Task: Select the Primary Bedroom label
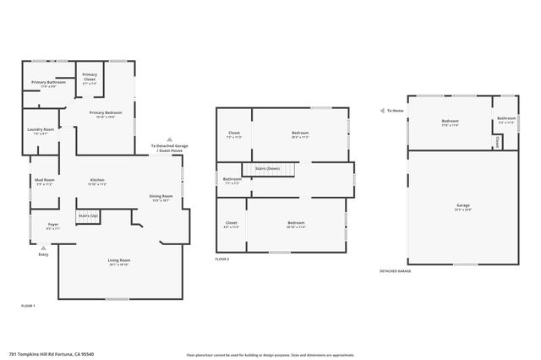point(107,114)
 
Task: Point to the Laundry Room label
point(41,131)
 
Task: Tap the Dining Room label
point(161,199)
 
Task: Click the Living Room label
point(119,261)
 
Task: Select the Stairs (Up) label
point(89,217)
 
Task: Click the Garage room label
point(462,205)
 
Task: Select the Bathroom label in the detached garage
point(506,119)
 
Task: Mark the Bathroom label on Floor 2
point(232,180)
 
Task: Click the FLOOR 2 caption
point(222,259)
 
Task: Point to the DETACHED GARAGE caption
point(396,270)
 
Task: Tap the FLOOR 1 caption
point(28,305)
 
